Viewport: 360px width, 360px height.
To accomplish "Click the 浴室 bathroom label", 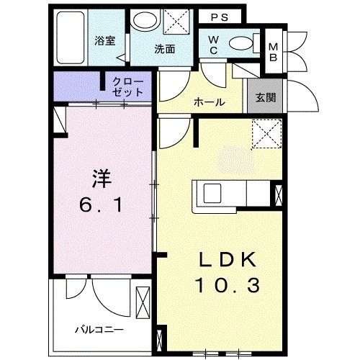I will point(105,41).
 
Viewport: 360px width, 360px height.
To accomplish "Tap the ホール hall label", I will point(209,102).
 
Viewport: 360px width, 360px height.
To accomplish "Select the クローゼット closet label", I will point(127,86).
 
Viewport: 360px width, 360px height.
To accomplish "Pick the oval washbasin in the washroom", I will point(147,22).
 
